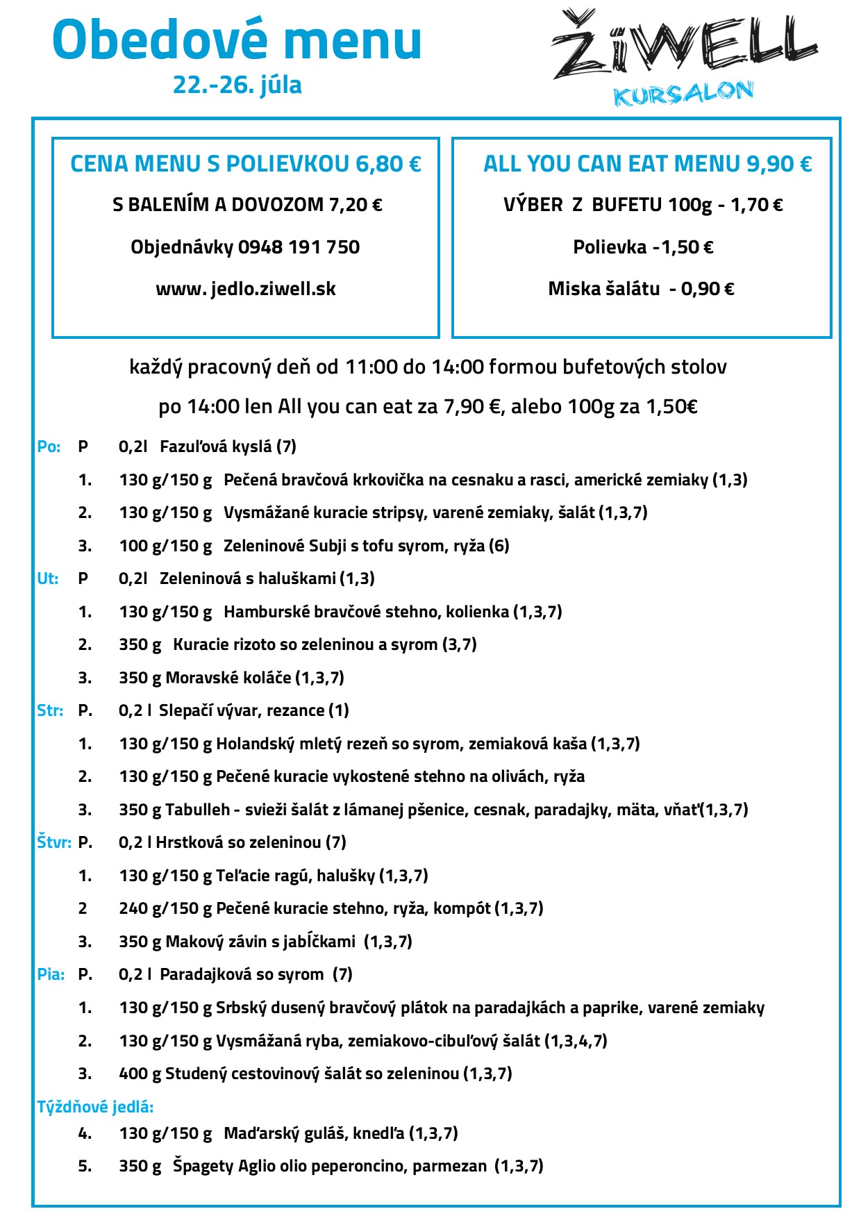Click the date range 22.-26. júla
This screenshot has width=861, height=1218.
click(x=237, y=85)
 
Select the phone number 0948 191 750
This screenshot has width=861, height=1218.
click(x=299, y=247)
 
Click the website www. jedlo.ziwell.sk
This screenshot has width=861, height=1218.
click(x=246, y=289)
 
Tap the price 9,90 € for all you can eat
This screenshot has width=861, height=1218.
click(x=779, y=164)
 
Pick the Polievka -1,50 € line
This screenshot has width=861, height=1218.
click(x=643, y=247)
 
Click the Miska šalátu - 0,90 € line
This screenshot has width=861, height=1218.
click(x=641, y=289)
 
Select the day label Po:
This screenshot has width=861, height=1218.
click(x=49, y=447)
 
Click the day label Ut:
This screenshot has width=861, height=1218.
click(x=48, y=578)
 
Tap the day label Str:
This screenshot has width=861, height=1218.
click(x=50, y=710)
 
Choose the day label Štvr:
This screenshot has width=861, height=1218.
click(x=54, y=842)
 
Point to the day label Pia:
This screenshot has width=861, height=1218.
click(x=51, y=974)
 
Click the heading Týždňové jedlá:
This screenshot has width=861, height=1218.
click(x=95, y=1107)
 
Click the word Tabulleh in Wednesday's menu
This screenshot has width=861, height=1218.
click(x=198, y=810)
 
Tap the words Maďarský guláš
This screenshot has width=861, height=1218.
click(x=285, y=1133)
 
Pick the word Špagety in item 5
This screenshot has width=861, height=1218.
click(x=203, y=1166)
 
